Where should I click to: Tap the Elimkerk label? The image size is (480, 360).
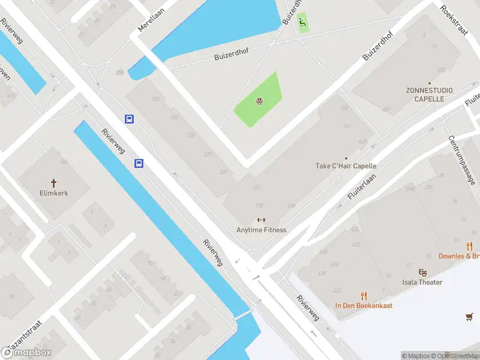[x=53, y=194]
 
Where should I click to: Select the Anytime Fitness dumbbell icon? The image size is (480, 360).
[x=261, y=220]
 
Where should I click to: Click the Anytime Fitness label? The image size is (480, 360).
[x=261, y=230]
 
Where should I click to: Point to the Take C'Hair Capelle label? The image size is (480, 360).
[x=346, y=166]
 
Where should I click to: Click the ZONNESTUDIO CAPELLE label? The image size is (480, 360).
[x=429, y=94]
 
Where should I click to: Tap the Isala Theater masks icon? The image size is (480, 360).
[x=422, y=272]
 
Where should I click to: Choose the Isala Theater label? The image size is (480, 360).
[x=422, y=282]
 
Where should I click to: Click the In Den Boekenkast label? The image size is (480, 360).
[x=364, y=305]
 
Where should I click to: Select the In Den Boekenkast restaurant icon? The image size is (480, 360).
[x=364, y=295]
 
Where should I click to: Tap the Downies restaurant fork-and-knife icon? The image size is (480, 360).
[x=469, y=246]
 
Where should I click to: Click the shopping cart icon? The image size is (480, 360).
[x=469, y=316]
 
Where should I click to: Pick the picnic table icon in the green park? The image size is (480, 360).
[x=259, y=101]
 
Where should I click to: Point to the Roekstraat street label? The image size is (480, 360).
[x=453, y=21]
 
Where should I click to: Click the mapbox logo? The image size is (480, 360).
[x=26, y=353]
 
